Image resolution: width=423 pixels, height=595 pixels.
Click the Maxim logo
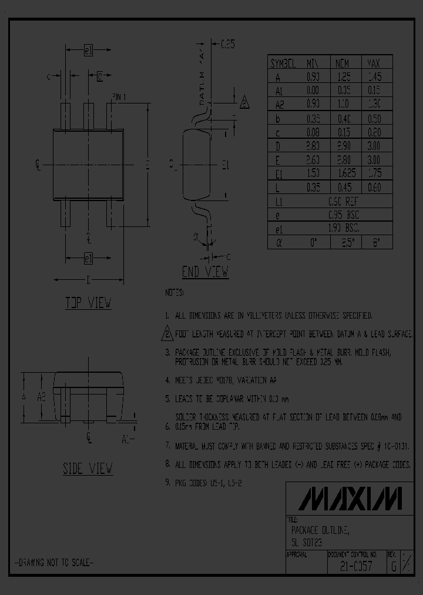pyautogui.click(x=351, y=499)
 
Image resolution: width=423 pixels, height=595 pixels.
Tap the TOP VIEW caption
pyautogui.click(x=88, y=303)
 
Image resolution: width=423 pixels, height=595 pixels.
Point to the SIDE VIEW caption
pyautogui.click(x=88, y=469)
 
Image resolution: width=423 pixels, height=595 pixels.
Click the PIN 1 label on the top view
pyautogui.click(x=119, y=96)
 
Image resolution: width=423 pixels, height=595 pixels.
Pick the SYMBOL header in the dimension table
pyautogui.click(x=283, y=63)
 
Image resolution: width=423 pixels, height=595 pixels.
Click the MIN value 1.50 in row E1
pyautogui.click(x=313, y=174)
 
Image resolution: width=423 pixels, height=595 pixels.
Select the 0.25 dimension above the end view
pyautogui.click(x=227, y=44)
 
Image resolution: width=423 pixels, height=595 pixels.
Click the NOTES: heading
pyautogui.click(x=174, y=292)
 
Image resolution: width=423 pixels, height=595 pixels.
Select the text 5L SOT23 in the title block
pyautogui.click(x=306, y=541)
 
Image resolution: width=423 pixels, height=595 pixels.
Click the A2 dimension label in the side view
pyautogui.click(x=42, y=397)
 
